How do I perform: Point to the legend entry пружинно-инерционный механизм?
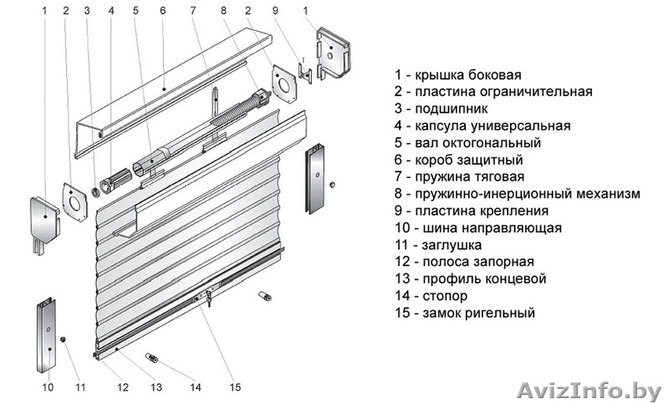pos(518,193)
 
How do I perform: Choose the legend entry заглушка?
pos(446,244)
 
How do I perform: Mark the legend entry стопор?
pos(437,295)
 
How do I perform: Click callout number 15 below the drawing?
pos(235,386)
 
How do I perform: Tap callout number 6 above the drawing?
pos(162,11)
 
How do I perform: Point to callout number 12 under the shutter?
pos(123,386)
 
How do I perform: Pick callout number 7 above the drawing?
pos(193,11)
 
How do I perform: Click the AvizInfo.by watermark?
pos(590,389)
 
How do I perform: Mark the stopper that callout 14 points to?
pos(153,357)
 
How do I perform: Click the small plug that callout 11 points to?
pos(64,338)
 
